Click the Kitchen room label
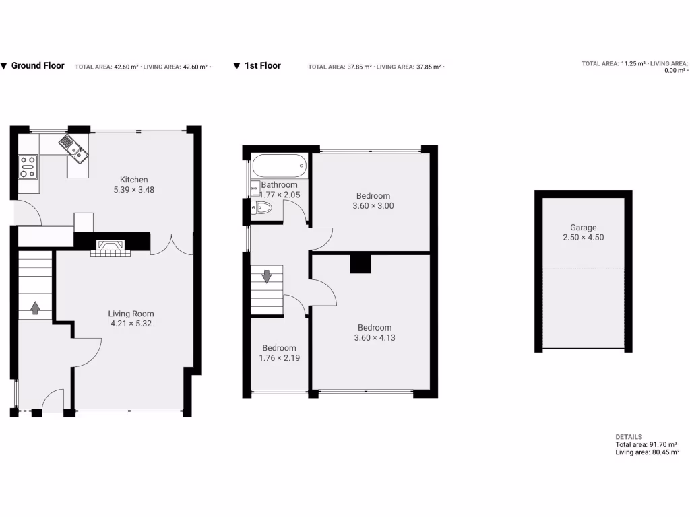(133, 180)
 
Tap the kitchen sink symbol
(73, 149)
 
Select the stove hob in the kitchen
(28, 166)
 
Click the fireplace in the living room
(108, 248)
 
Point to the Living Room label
(131, 314)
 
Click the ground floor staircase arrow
(35, 308)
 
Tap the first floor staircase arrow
(268, 275)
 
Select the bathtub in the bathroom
(279, 165)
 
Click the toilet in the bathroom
(262, 207)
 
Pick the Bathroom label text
(279, 184)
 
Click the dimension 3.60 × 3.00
(373, 206)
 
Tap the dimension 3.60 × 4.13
(374, 338)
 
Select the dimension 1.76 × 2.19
(279, 358)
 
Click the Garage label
(583, 228)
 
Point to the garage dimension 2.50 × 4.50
(583, 238)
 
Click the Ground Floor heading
(38, 66)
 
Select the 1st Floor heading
(262, 66)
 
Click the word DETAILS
(629, 437)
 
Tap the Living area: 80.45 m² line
(646, 452)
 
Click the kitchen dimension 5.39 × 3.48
(133, 191)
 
